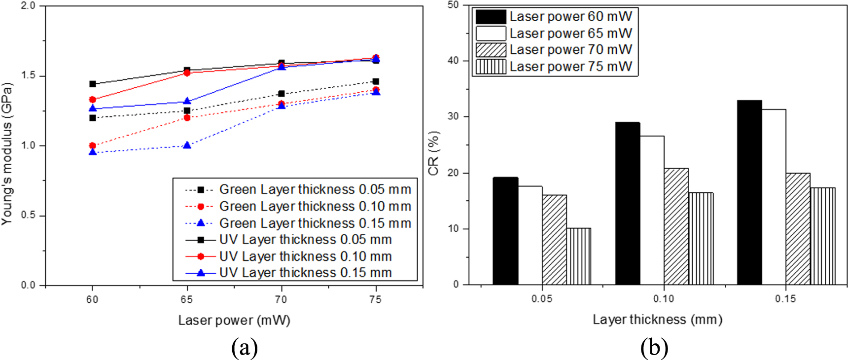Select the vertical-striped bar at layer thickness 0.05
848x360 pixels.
click(578, 256)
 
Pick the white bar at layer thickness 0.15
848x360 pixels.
click(773, 197)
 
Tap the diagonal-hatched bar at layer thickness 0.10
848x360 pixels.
click(676, 226)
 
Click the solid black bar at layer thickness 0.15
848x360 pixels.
click(749, 192)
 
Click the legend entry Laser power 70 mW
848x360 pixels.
click(570, 50)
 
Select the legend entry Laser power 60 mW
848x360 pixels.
click(570, 17)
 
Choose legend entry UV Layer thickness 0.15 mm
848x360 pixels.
click(305, 273)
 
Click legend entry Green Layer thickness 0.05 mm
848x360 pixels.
click(315, 189)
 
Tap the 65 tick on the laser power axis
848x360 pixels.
click(186, 299)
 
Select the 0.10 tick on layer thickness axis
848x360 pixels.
click(664, 299)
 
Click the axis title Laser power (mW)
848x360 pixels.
click(234, 321)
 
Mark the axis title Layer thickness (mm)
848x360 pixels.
click(657, 320)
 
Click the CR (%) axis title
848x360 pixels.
click(433, 153)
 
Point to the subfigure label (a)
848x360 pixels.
click(244, 348)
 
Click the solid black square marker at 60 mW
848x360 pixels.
click(92, 84)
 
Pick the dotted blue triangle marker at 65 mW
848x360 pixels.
click(187, 145)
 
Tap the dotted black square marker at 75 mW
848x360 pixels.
click(376, 81)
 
